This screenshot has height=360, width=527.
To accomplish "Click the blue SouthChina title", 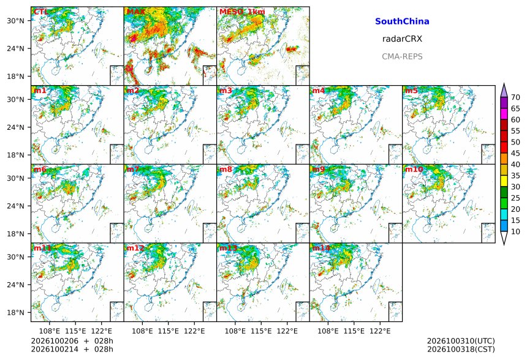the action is (x=402, y=21).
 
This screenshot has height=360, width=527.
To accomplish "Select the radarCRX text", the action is (x=402, y=39).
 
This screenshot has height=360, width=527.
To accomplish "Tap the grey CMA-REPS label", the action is (x=402, y=56).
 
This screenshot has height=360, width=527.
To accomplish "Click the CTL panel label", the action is (x=40, y=12).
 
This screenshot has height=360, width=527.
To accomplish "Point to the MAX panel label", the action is (x=136, y=12).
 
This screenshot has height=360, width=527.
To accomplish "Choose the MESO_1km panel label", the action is (x=242, y=12).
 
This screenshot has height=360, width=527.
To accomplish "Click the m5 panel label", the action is (x=411, y=91).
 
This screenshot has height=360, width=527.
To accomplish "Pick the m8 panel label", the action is (x=226, y=169).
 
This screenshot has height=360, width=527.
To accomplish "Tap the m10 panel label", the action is (x=414, y=169).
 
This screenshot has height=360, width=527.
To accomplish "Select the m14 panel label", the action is (x=321, y=248).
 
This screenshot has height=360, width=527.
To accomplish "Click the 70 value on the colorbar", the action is (x=515, y=98).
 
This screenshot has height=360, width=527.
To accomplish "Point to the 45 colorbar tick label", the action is (x=515, y=154).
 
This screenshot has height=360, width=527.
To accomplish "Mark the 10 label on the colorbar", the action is (x=515, y=231).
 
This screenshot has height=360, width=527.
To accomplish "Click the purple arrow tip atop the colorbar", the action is (x=504, y=84).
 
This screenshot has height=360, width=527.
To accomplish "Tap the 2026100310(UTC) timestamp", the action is (x=461, y=341).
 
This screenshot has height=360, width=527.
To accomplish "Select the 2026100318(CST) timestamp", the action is (x=461, y=349).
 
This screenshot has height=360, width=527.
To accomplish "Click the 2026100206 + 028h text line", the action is (x=72, y=341).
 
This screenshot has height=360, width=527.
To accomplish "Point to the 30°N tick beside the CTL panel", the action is (x=15, y=21).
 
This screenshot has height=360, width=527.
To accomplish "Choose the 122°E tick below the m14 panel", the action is (x=380, y=331).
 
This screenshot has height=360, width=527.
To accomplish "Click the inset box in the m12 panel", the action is (x=210, y=312).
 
